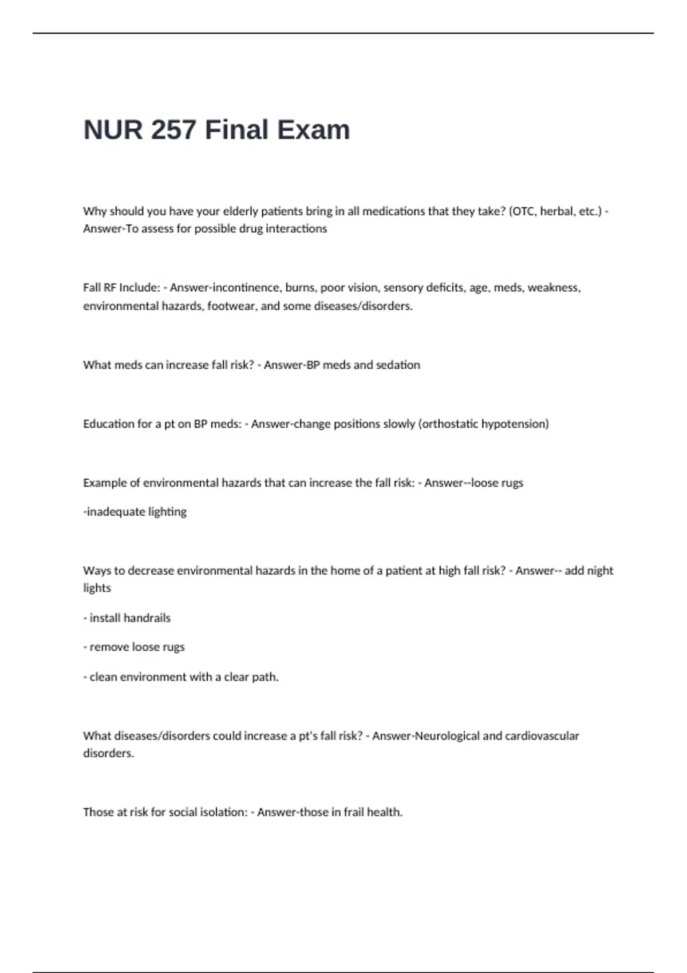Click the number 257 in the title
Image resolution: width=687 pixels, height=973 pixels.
click(174, 130)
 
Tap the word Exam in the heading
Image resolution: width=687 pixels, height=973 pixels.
click(313, 130)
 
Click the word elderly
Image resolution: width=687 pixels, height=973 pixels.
click(240, 211)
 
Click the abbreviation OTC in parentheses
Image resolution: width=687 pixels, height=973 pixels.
click(521, 211)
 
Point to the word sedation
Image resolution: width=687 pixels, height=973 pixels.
click(398, 365)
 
